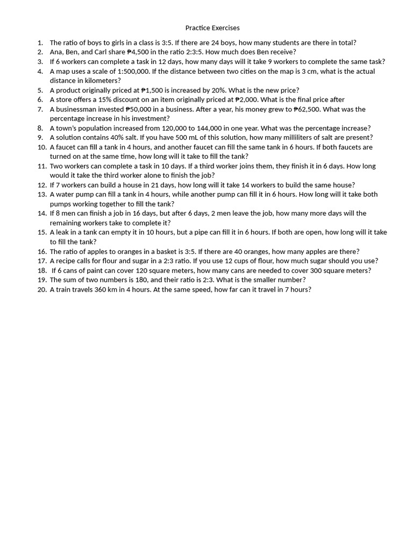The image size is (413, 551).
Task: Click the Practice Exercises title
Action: click(212, 27)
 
